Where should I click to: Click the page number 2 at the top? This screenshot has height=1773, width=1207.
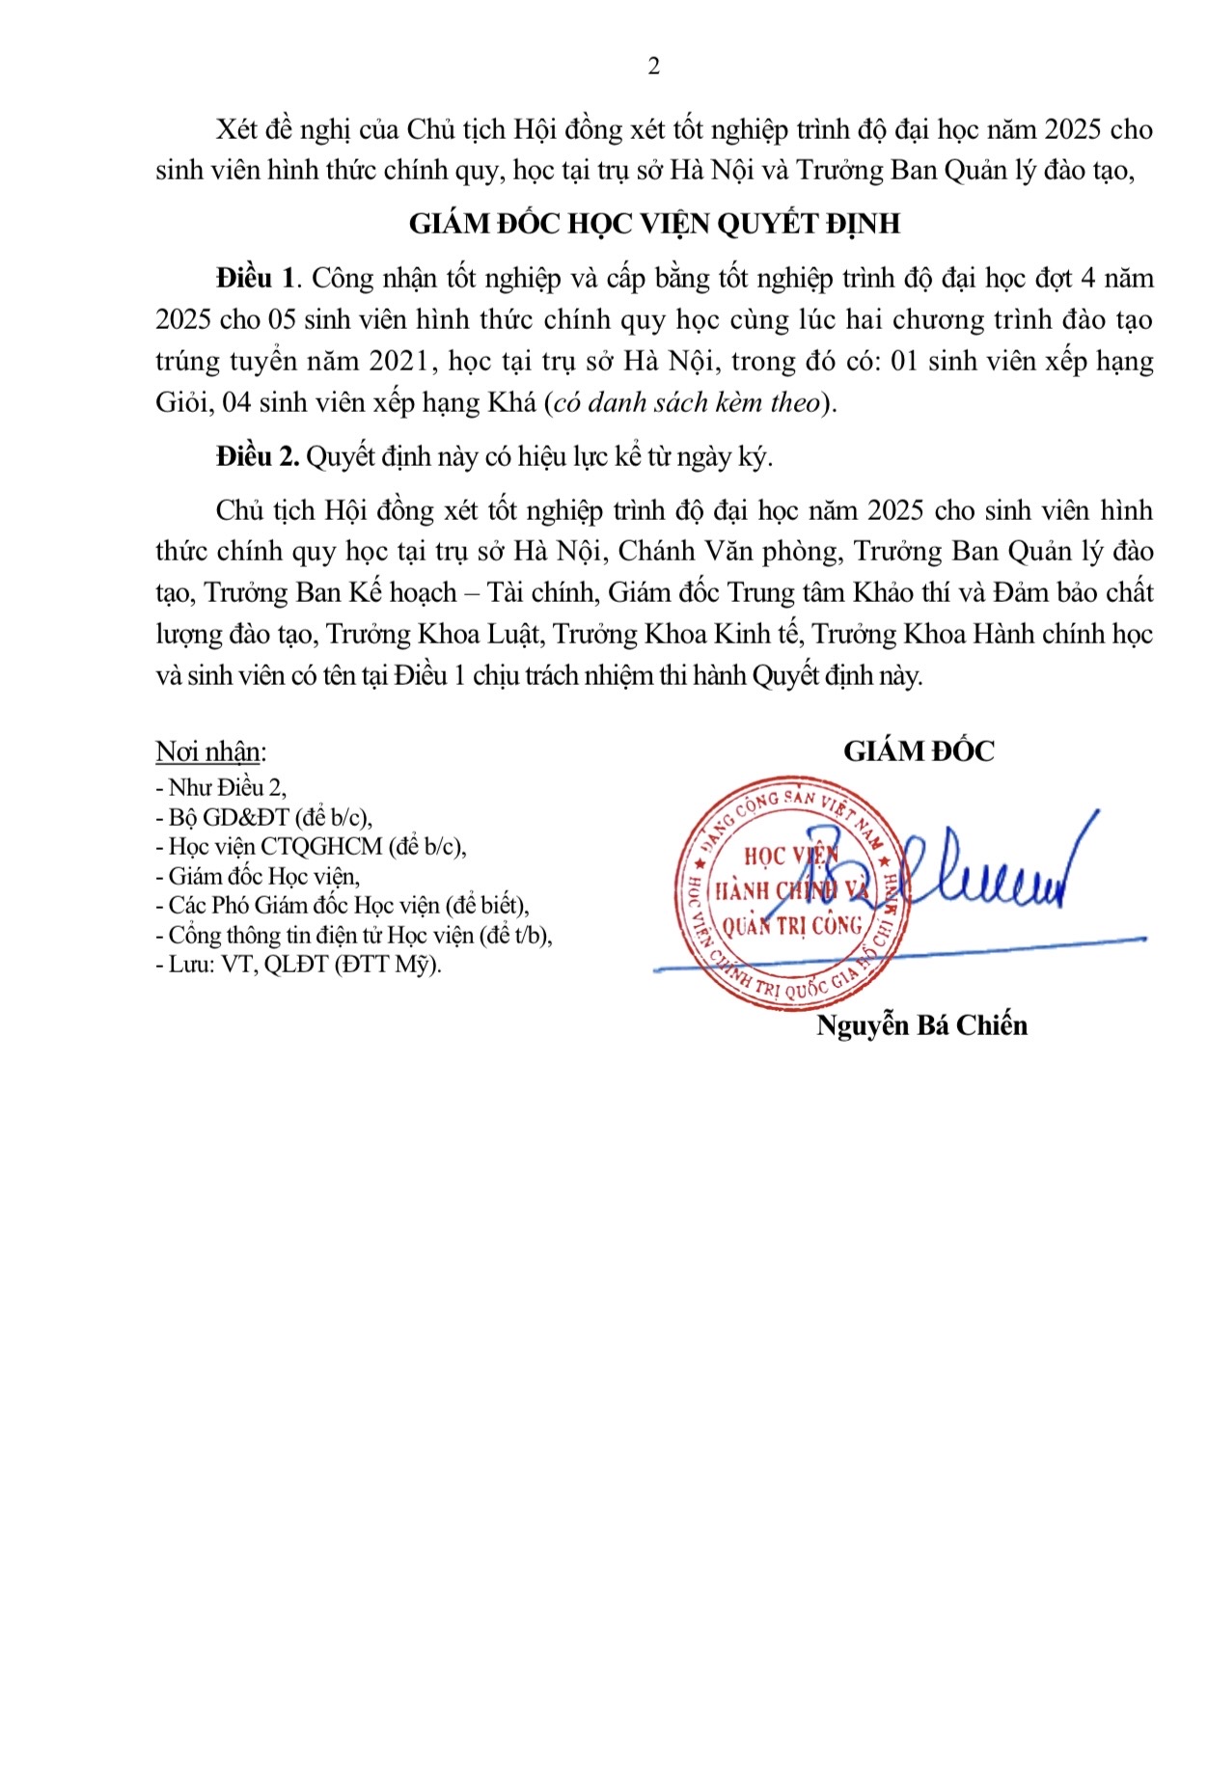(654, 67)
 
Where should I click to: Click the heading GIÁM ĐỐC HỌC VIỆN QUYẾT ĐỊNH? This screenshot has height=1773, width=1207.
(654, 224)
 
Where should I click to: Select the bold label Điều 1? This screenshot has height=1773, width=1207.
(256, 279)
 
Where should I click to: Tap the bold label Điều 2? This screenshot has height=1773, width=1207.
(258, 456)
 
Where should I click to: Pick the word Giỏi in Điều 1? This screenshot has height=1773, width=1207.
(183, 402)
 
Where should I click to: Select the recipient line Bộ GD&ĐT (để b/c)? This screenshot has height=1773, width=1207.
(263, 817)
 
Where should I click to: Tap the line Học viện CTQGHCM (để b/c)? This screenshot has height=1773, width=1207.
(311, 847)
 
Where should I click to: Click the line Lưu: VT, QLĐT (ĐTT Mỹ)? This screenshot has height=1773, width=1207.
(298, 964)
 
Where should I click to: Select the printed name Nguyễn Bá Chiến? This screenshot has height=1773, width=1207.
(921, 1025)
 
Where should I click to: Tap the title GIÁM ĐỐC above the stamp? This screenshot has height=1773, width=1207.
(919, 751)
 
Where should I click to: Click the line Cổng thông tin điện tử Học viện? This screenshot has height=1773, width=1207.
(353, 935)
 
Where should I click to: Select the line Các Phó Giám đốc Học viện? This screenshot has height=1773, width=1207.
(342, 905)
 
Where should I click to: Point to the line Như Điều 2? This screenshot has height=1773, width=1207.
(221, 788)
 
